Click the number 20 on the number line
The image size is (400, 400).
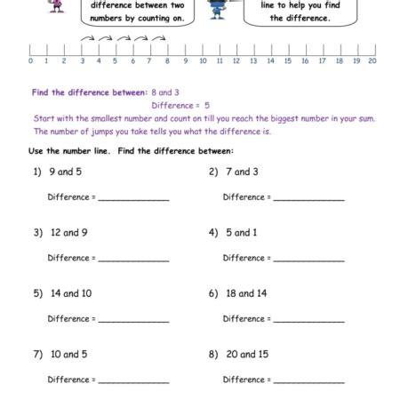click(x=372, y=61)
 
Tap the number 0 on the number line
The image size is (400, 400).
click(x=30, y=61)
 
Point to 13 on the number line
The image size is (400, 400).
click(x=253, y=61)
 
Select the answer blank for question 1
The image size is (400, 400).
click(x=133, y=198)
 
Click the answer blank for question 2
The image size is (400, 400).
click(x=308, y=198)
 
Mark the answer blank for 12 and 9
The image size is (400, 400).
click(x=133, y=259)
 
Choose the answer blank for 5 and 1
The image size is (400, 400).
click(x=308, y=259)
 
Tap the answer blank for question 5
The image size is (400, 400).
click(x=133, y=319)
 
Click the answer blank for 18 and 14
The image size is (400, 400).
click(x=308, y=319)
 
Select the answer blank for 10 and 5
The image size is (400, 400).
click(x=133, y=380)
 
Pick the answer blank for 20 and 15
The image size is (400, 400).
click(x=308, y=380)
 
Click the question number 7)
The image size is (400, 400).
click(x=38, y=354)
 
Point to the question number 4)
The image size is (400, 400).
click(x=213, y=233)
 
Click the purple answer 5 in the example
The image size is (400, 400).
click(x=207, y=105)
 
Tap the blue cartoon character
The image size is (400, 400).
click(x=217, y=9)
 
